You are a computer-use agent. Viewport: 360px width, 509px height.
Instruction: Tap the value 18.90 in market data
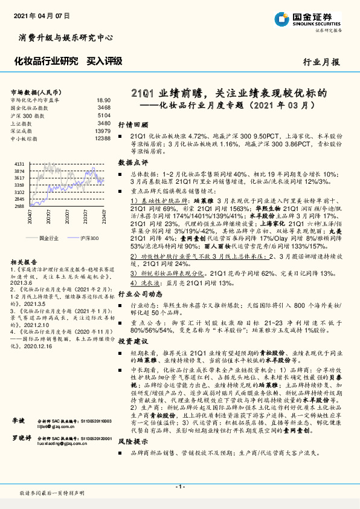[103, 100]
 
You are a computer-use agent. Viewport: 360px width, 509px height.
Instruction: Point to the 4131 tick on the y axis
[19, 164]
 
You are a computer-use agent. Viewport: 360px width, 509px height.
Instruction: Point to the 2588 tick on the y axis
[19, 206]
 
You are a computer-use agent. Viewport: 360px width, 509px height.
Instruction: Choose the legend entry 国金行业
[48, 239]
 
